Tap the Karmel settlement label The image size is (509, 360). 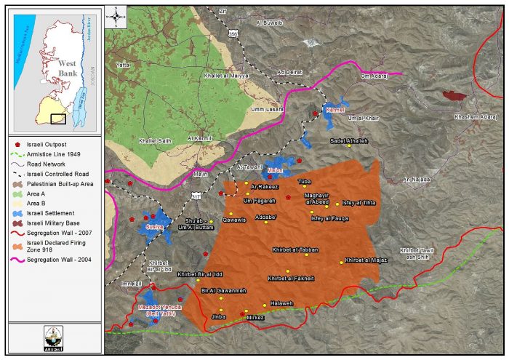click(x=334, y=111)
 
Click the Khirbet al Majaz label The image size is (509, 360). click(x=365, y=260)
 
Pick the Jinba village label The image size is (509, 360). click(x=218, y=318)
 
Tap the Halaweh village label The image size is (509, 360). click(x=281, y=303)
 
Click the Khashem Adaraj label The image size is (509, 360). click(x=476, y=116)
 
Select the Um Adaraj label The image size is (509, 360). click(x=375, y=75)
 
